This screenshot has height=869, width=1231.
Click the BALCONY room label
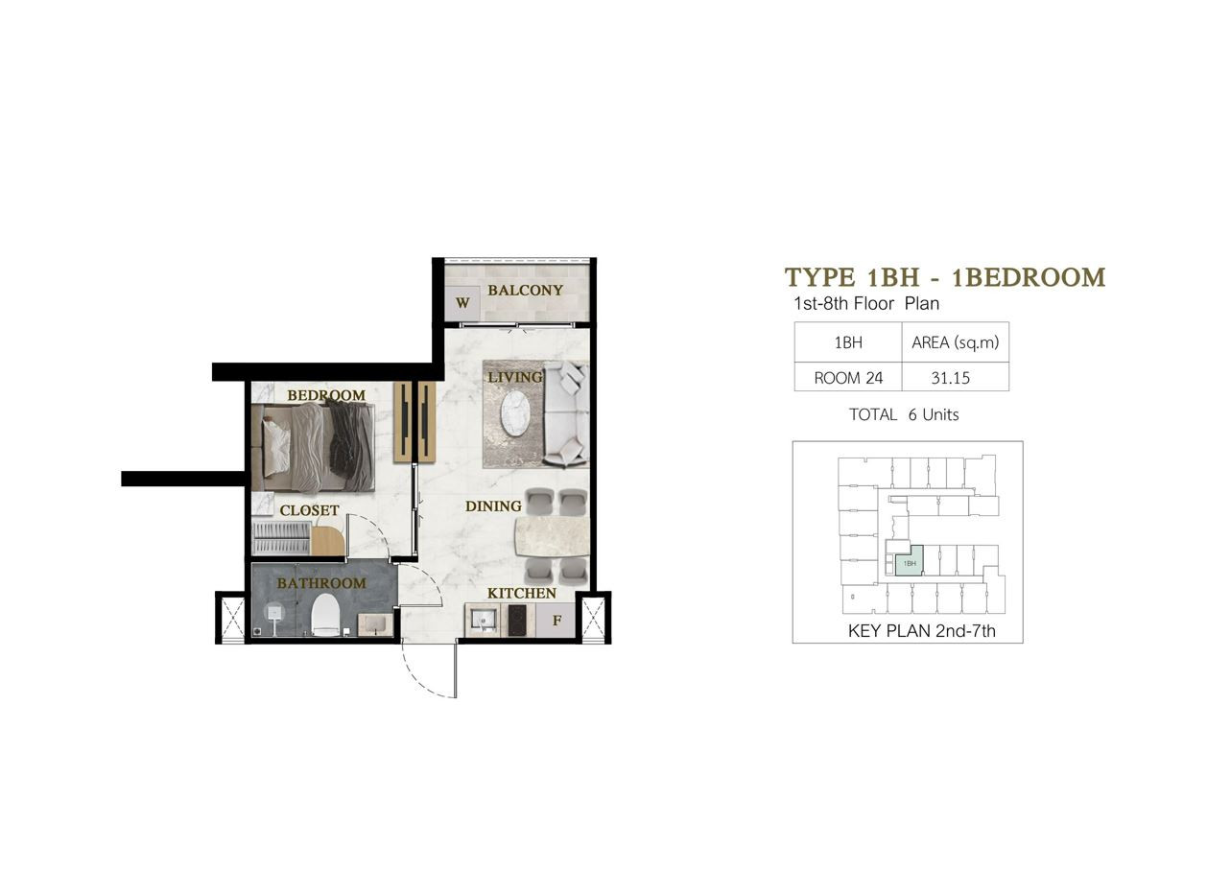click(x=526, y=290)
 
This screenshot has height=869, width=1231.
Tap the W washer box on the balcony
click(x=462, y=303)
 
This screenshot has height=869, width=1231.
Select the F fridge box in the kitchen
click(x=556, y=621)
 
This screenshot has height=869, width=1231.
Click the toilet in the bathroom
click(x=325, y=616)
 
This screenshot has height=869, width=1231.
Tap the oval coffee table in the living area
click(x=515, y=413)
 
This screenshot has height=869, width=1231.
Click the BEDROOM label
click(x=326, y=395)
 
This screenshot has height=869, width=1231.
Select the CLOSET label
click(x=309, y=510)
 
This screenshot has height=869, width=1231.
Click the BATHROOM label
click(x=321, y=583)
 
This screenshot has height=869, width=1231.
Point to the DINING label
click(x=493, y=505)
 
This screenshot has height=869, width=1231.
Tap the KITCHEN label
click(x=522, y=593)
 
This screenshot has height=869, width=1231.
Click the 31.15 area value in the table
click(x=950, y=378)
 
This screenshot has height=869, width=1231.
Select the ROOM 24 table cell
click(x=848, y=378)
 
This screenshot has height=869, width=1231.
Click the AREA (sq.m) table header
click(x=955, y=342)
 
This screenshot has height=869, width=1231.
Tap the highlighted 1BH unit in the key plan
click(x=909, y=562)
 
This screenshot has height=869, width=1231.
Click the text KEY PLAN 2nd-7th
click(x=922, y=630)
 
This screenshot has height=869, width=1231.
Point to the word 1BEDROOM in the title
click(x=1029, y=277)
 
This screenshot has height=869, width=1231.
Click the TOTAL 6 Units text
click(x=904, y=414)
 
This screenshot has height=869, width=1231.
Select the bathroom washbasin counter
click(x=375, y=625)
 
